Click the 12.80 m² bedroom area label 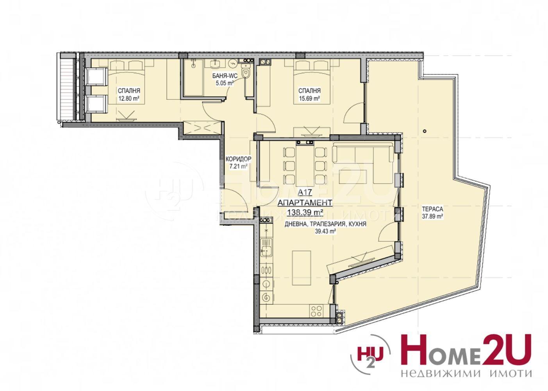click(x=129, y=99)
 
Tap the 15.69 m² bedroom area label click(x=309, y=99)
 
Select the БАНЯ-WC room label click(x=225, y=76)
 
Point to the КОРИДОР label click(x=238, y=159)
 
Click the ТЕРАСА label click(x=432, y=209)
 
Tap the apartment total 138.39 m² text click(x=305, y=212)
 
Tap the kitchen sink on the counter click(x=266, y=248)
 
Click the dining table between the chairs click(x=305, y=166)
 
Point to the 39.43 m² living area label click(x=325, y=231)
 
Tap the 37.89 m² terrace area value click(x=432, y=217)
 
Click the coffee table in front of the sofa click(x=353, y=177)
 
